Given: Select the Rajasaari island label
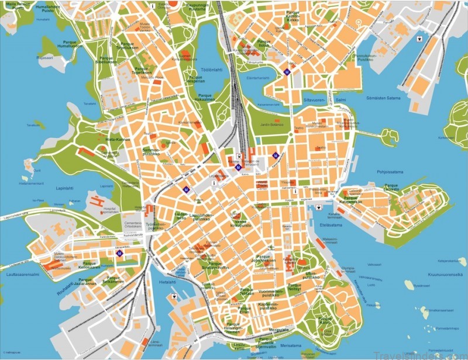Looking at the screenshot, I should [x=44, y=58].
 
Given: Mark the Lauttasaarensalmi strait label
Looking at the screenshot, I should [x=19, y=274].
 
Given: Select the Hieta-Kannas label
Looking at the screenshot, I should [x=118, y=140].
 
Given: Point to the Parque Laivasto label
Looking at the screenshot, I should [x=391, y=189].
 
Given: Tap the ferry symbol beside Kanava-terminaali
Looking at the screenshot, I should [x=318, y=207].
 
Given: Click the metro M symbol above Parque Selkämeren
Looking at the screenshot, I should [x=119, y=253].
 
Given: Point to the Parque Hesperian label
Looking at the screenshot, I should [x=195, y=79].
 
